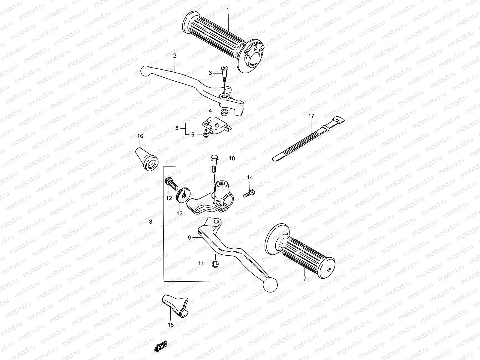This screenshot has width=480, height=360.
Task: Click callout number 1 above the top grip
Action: (228, 10)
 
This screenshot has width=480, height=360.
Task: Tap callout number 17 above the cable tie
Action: (311, 115)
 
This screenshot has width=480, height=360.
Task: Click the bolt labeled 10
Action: (214, 163)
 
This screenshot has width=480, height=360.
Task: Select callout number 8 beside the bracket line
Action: (159, 222)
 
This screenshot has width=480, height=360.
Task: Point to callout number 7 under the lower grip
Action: (305, 279)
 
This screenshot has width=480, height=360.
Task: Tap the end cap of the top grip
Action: (257, 56)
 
